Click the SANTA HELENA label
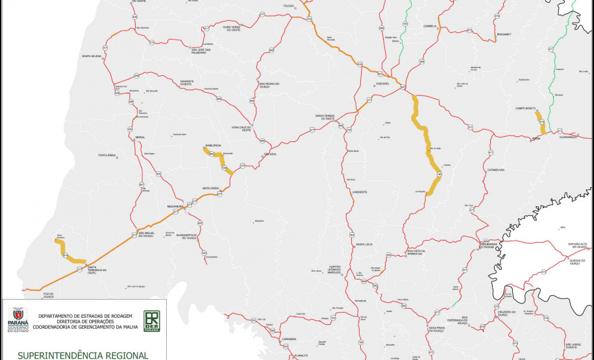pos(92,56)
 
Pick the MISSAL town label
pos(140,138)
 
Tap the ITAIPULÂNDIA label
pos(106,156)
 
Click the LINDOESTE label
pos(360,193)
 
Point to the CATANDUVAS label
pos(496,169)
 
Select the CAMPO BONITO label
pos(525,108)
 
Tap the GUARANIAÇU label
pos(567,137)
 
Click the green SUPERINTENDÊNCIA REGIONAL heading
pos(83,355)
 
